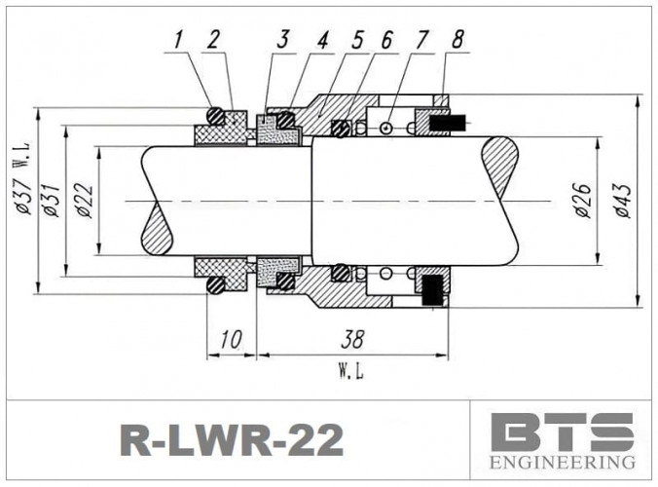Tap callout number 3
284,40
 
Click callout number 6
386,40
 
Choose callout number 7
421,40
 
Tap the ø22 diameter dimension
84,201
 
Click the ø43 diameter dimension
622,199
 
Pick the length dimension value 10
231,340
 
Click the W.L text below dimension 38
351,371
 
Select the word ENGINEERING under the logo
563,462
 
